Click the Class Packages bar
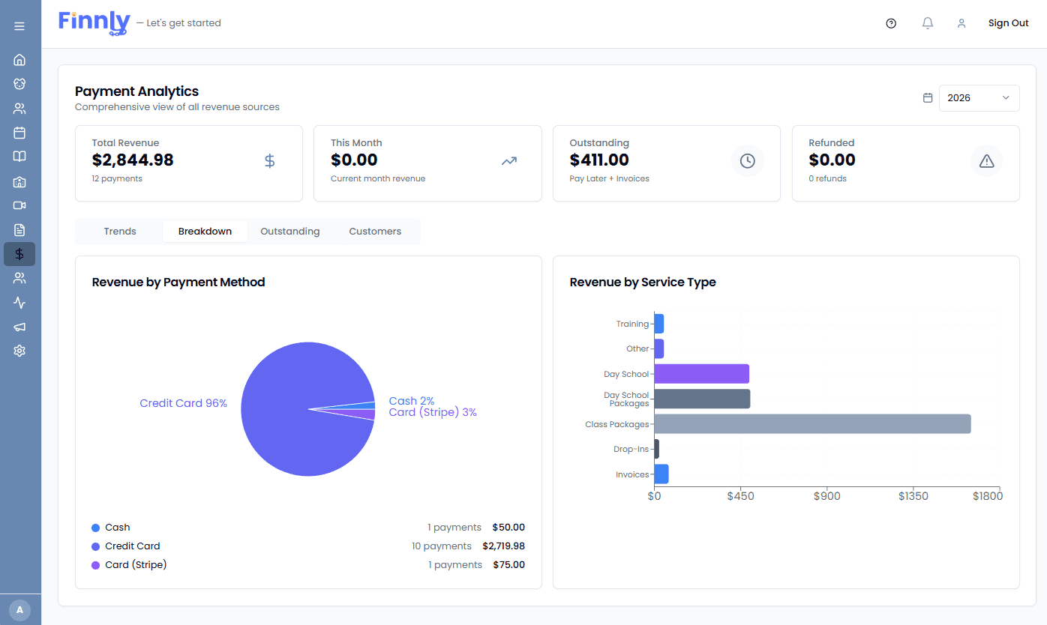coord(812,424)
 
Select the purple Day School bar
coord(701,374)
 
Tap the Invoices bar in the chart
coord(661,474)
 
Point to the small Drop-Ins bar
coord(657,449)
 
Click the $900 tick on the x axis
coord(826,496)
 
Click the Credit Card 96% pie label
coord(183,403)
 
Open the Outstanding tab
coord(289,232)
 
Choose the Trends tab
coord(120,232)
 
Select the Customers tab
coord(375,232)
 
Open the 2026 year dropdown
coord(979,98)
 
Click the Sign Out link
coord(1008,23)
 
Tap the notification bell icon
coord(928,23)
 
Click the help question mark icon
coord(891,23)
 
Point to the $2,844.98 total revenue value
coord(133,160)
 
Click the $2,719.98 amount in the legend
coord(503,546)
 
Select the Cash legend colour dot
coord(95,528)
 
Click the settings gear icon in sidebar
coord(19,351)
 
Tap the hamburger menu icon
coord(19,26)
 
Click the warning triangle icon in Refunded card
coord(986,161)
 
